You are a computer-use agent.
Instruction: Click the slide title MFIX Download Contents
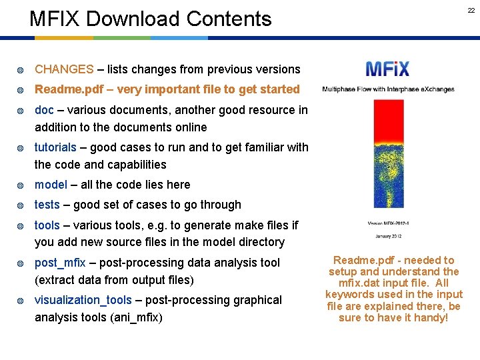(151, 19)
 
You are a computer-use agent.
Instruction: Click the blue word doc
(44, 110)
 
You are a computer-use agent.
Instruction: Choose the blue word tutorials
(55, 147)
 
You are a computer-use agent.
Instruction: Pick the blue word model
(51, 185)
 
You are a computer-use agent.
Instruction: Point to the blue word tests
(47, 205)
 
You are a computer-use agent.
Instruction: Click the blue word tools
(47, 226)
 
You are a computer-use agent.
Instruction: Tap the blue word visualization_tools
(81, 300)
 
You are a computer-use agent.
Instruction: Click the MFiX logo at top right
(387, 69)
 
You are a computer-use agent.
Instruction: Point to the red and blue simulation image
(389, 153)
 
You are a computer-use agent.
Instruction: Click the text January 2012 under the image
(388, 236)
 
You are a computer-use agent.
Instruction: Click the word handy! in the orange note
(431, 317)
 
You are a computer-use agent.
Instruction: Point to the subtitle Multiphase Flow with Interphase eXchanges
(388, 89)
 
